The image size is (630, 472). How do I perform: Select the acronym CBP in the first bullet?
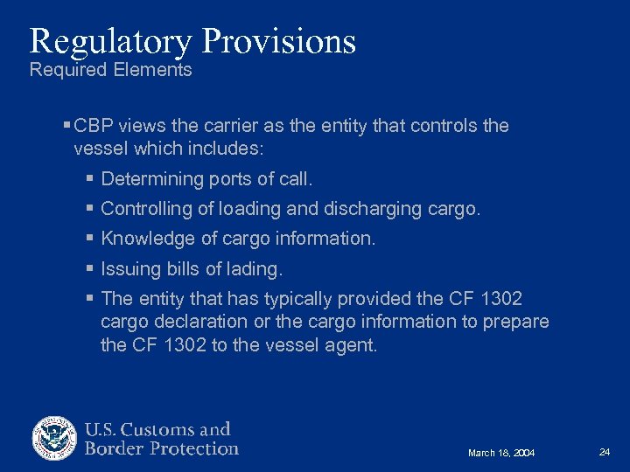pyautogui.click(x=94, y=126)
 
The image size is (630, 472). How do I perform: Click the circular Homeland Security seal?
pyautogui.click(x=55, y=438)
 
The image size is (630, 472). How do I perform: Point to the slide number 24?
pyautogui.click(x=605, y=452)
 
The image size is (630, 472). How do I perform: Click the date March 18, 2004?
pyautogui.click(x=501, y=453)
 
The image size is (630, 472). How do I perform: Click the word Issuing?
pyautogui.click(x=127, y=268)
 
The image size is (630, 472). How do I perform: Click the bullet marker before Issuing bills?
pyautogui.click(x=91, y=268)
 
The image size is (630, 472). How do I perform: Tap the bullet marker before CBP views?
pyautogui.click(x=67, y=126)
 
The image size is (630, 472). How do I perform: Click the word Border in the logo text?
pyautogui.click(x=114, y=449)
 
